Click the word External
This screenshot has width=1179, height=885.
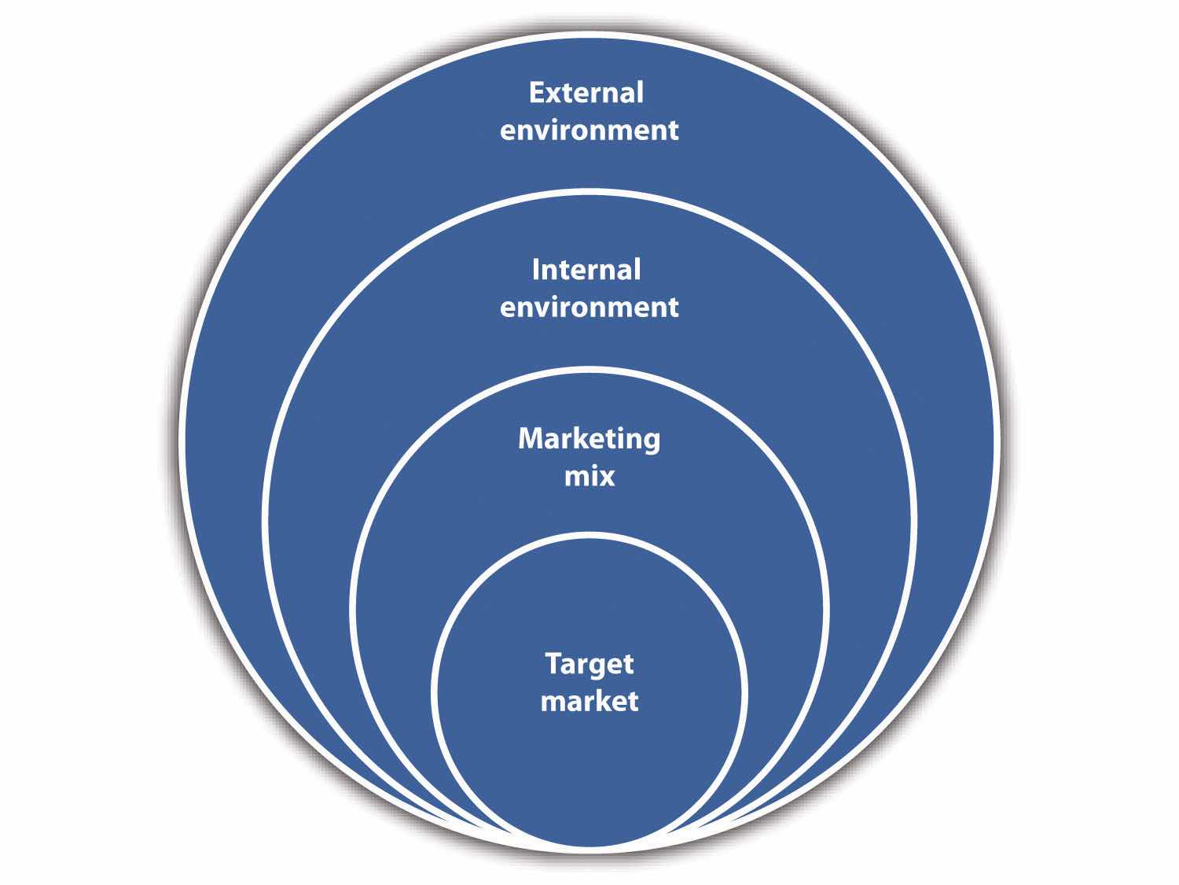(x=586, y=93)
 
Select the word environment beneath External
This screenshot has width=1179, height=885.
(x=589, y=130)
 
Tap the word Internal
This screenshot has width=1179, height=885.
(x=586, y=270)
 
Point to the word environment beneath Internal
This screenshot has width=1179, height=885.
(x=589, y=307)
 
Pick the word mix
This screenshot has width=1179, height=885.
(x=589, y=476)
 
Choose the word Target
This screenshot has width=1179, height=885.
(x=589, y=665)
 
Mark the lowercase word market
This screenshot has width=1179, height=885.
(x=589, y=700)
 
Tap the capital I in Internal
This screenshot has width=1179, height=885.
(x=536, y=270)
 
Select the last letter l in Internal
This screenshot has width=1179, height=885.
(x=637, y=269)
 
